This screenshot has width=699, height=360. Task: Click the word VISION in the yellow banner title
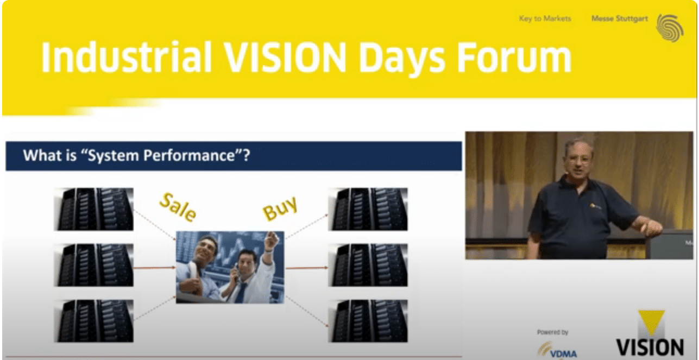pos(280,56)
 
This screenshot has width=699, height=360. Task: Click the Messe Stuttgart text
pos(619,18)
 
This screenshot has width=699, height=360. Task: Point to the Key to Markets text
pos(545,18)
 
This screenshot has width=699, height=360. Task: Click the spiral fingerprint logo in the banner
pos(670,27)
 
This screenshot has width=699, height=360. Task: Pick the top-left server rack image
pos(93,209)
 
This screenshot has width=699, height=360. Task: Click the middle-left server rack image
pos(93,264)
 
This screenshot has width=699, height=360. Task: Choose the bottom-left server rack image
pos(93,320)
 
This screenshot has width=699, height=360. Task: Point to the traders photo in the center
pos(230,267)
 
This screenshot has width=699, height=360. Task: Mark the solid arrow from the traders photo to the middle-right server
pos(307,267)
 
